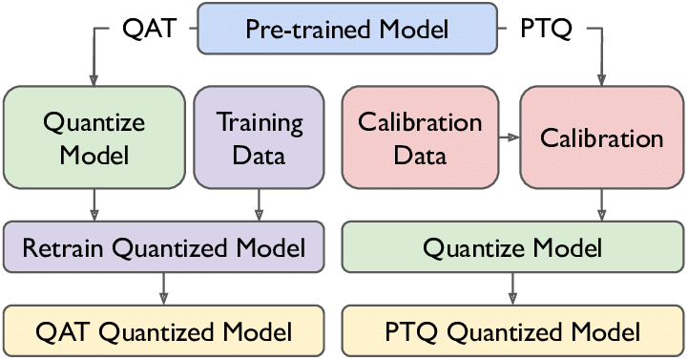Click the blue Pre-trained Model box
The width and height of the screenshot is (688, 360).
(347, 29)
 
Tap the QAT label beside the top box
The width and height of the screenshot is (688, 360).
(150, 30)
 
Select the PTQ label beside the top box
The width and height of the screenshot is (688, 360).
(547, 30)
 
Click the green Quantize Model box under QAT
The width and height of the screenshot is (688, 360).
(94, 136)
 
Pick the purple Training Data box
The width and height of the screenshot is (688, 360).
(259, 136)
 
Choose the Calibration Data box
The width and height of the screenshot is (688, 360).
(419, 136)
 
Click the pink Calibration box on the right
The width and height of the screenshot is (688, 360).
(601, 138)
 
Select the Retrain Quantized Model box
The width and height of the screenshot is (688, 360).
(163, 249)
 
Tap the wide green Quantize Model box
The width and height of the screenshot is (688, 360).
(511, 249)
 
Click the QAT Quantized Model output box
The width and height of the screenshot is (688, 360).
(163, 332)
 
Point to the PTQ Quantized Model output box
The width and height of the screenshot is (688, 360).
(511, 332)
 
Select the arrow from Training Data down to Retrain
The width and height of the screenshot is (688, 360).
(259, 205)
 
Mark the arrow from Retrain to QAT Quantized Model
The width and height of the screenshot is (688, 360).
(163, 287)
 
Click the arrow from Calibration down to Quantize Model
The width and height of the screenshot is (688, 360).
(601, 205)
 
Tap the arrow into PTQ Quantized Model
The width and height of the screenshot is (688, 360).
(511, 287)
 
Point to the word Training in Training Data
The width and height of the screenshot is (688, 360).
(260, 122)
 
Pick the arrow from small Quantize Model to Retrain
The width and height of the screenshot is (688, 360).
(94, 205)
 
